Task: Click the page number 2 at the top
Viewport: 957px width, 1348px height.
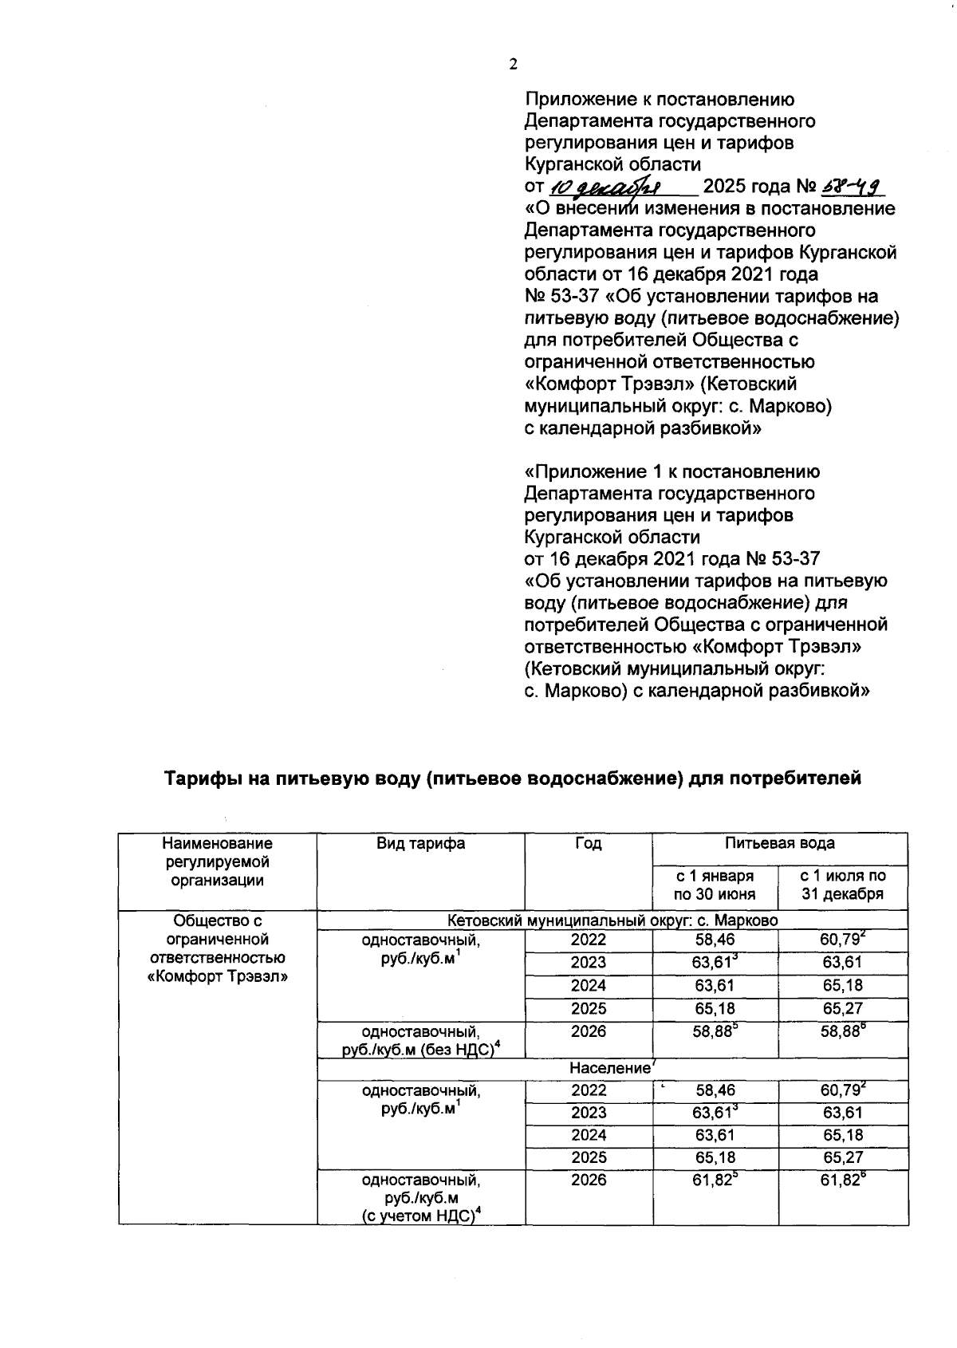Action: click(513, 66)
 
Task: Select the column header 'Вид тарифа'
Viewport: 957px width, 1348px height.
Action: click(420, 843)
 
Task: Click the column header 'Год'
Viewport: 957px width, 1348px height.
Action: click(588, 843)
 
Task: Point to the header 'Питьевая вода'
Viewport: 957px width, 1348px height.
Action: click(779, 843)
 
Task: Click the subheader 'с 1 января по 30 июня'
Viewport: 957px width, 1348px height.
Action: click(715, 885)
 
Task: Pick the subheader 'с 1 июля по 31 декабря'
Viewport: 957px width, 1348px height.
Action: click(843, 885)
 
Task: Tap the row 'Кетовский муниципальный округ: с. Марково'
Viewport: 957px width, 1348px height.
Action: click(612, 920)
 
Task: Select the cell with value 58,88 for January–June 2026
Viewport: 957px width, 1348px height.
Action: click(715, 1031)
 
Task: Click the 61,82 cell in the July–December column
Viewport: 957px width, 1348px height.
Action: click(843, 1180)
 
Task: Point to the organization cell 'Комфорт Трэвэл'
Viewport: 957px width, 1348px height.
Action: click(218, 948)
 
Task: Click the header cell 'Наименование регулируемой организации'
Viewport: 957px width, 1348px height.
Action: click(217, 861)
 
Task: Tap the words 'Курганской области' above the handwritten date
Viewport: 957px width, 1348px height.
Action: click(612, 165)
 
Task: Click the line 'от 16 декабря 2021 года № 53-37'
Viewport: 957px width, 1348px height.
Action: click(671, 558)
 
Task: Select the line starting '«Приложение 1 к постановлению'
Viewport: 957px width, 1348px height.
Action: click(671, 471)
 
